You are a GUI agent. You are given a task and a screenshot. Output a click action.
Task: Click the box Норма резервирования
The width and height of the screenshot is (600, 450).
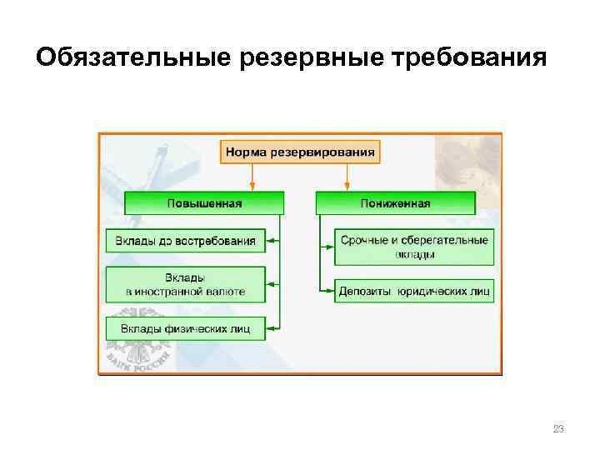click(300, 152)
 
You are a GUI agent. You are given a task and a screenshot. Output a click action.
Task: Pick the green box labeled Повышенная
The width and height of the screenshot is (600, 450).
click(204, 202)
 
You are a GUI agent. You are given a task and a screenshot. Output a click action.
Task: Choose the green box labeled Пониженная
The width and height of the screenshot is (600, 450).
click(395, 202)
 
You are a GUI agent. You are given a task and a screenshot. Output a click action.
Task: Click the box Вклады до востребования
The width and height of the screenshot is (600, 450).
click(186, 241)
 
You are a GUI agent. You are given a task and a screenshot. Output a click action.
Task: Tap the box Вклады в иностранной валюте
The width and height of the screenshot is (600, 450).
click(186, 284)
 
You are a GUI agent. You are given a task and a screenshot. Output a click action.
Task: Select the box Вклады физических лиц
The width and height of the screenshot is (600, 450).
click(186, 327)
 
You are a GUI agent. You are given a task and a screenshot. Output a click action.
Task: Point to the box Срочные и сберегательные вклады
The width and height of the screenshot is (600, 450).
click(413, 246)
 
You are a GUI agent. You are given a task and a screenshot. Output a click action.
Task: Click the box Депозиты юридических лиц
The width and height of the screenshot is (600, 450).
click(413, 291)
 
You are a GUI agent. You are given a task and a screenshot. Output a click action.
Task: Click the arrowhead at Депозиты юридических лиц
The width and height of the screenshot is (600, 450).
click(328, 291)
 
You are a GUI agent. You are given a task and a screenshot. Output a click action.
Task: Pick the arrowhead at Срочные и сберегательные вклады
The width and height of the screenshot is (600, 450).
click(328, 246)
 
